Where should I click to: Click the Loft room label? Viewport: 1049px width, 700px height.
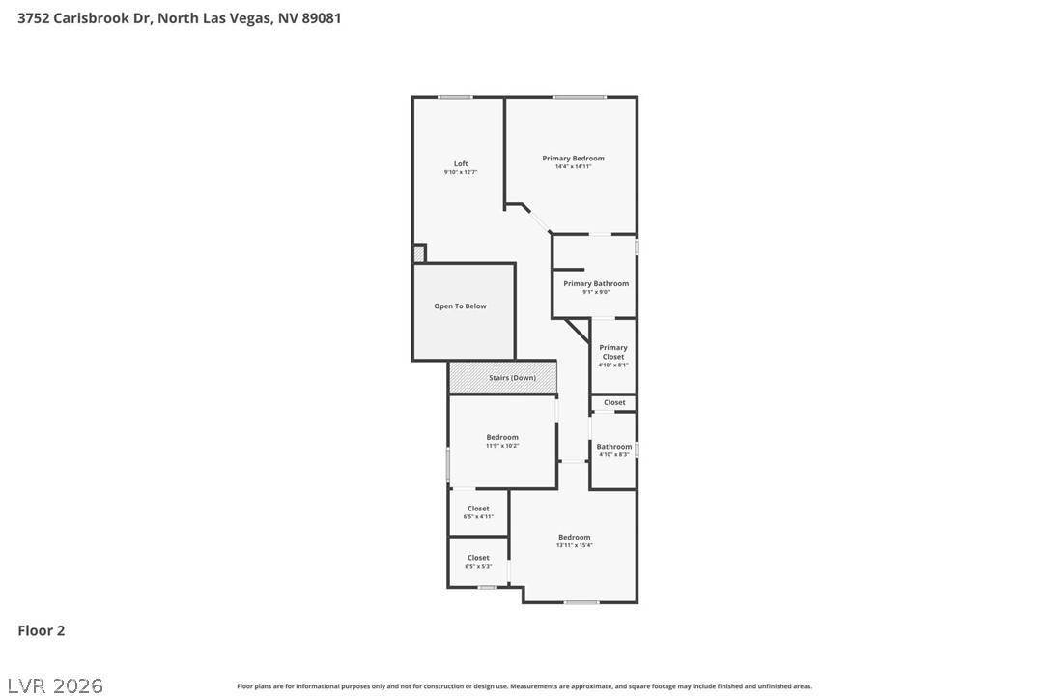click(x=461, y=163)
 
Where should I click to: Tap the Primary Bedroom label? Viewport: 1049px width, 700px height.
click(x=573, y=159)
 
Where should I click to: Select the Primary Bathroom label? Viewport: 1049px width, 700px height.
click(x=596, y=284)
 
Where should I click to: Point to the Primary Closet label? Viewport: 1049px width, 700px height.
click(x=613, y=352)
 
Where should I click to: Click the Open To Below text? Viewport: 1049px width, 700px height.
click(x=461, y=306)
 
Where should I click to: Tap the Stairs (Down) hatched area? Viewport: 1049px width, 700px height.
click(x=502, y=377)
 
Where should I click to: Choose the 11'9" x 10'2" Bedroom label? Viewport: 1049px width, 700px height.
click(x=502, y=437)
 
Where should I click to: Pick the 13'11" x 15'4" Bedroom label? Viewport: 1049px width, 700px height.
click(x=574, y=538)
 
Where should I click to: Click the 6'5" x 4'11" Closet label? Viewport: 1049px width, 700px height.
click(x=478, y=509)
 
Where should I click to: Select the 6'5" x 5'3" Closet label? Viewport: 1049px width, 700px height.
click(x=478, y=558)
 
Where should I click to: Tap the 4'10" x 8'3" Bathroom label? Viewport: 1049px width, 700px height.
click(x=613, y=447)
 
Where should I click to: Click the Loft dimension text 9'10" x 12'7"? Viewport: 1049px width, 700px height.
click(x=461, y=172)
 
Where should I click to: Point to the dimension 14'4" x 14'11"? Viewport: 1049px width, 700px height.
click(x=573, y=167)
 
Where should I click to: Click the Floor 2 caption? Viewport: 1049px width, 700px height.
click(x=42, y=630)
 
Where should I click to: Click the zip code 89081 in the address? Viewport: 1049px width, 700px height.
click(x=321, y=17)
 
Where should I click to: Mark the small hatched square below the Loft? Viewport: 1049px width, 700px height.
click(x=418, y=253)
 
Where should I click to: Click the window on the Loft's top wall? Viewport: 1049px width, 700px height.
click(x=455, y=97)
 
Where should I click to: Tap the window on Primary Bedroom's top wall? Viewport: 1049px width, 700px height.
click(x=580, y=97)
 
